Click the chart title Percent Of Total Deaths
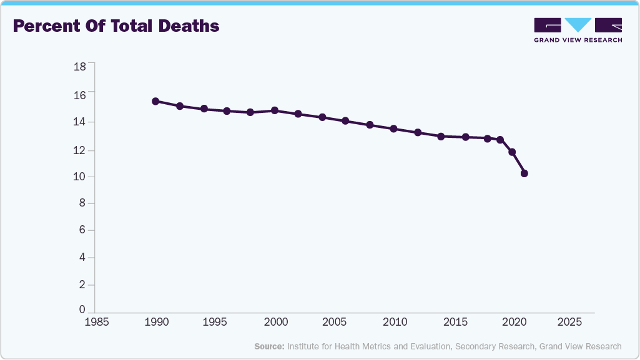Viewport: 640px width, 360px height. [116, 26]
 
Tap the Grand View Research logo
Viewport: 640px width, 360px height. [578, 29]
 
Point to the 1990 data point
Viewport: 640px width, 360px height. [155, 101]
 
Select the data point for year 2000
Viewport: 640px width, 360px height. [275, 110]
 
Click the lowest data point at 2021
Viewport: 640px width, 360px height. [524, 173]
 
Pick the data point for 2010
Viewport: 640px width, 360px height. [393, 129]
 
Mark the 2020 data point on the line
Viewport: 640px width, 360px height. [512, 152]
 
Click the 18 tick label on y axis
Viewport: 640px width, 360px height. [80, 66]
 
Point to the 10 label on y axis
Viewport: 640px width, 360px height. [80, 177]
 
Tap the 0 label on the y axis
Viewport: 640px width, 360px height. [82, 309]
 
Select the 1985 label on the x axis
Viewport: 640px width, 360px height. [97, 323]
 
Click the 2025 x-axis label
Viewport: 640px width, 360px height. [570, 323]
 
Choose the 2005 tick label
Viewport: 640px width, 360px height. [334, 323]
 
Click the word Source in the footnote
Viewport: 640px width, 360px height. [269, 346]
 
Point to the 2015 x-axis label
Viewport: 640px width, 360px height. [452, 323]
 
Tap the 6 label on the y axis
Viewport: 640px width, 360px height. [82, 231]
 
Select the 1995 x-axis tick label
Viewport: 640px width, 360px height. [215, 323]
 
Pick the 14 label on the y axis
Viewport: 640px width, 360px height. [80, 122]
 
